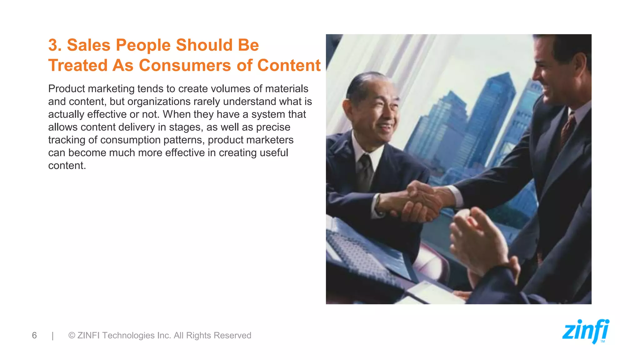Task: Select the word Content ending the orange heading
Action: (289, 66)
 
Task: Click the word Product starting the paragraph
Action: (66, 89)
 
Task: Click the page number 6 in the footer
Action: (34, 335)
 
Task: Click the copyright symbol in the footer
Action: (72, 335)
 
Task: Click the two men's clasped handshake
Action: (422, 202)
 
